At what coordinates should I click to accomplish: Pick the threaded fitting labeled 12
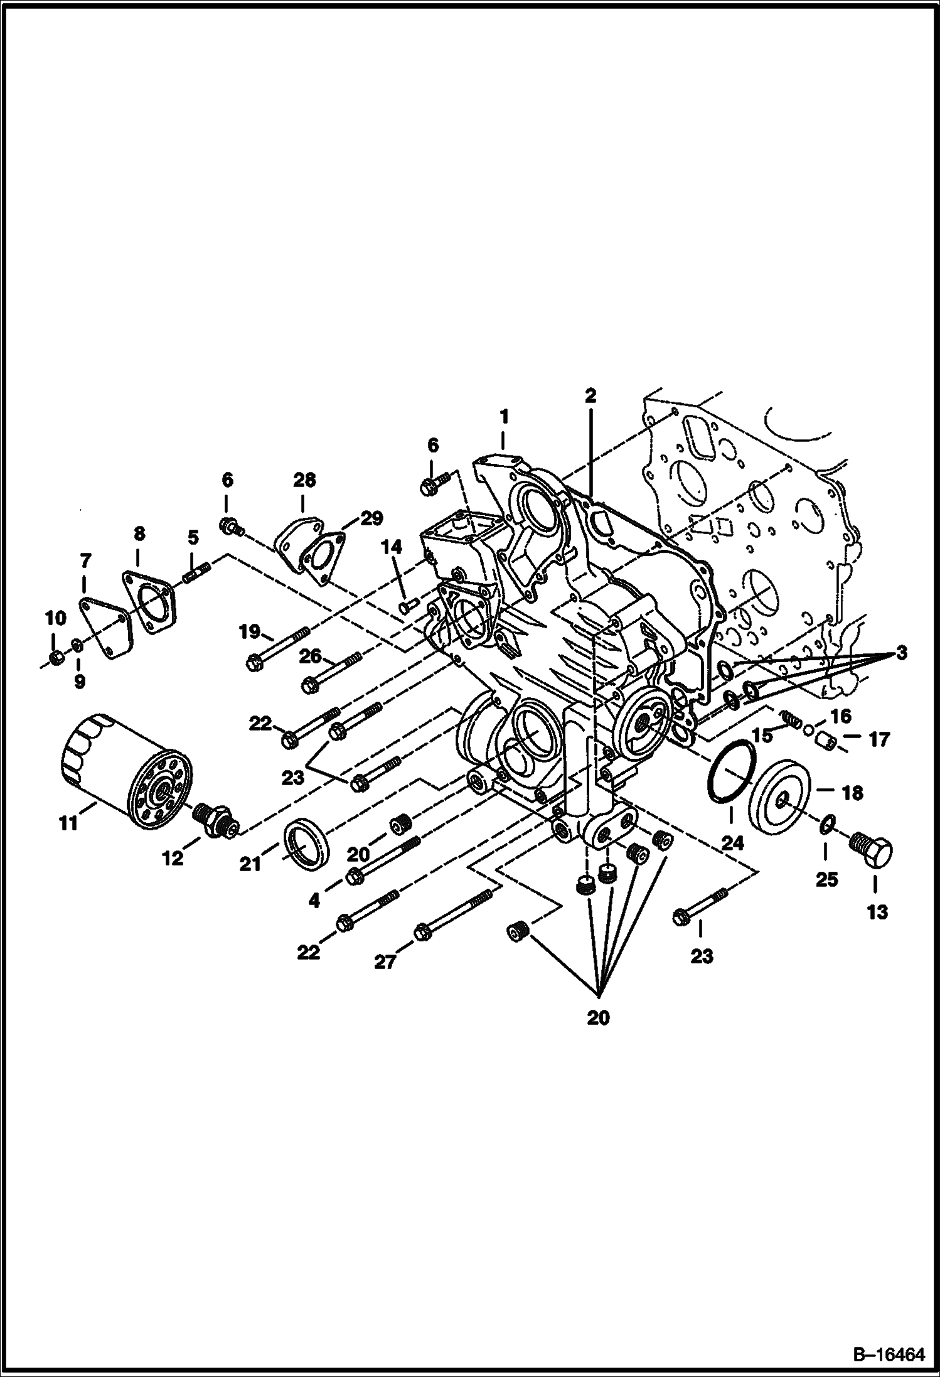pos(216,821)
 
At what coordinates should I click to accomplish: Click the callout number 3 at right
pos(901,653)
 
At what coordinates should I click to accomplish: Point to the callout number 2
pos(590,395)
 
